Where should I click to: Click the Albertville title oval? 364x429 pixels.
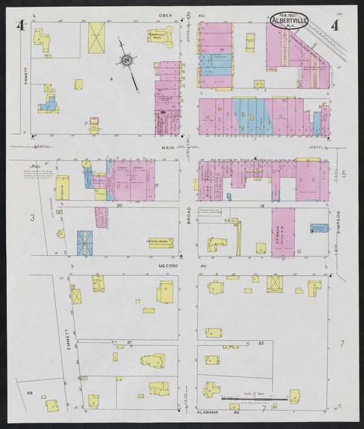pyautogui.click(x=289, y=20)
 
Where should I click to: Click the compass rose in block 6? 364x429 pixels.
pyautogui.click(x=127, y=61)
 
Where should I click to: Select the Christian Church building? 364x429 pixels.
pyautogui.click(x=161, y=241)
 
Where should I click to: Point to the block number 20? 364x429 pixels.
pyautogui.click(x=120, y=205)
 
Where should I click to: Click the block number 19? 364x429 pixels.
pyautogui.click(x=261, y=205)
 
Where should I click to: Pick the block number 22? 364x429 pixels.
pyautogui.click(x=261, y=342)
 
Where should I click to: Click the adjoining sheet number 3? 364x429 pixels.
pyautogui.click(x=31, y=218)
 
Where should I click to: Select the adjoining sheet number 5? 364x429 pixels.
pyautogui.click(x=344, y=174)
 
